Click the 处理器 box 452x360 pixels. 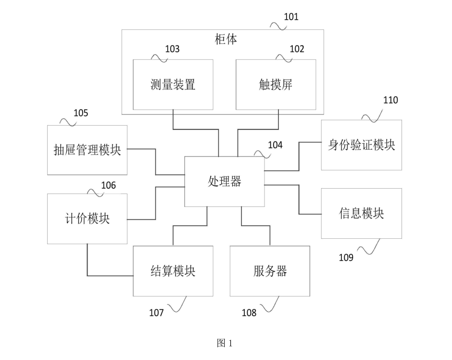click(x=225, y=181)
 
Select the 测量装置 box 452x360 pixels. click(x=173, y=85)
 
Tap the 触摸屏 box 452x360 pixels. click(x=276, y=85)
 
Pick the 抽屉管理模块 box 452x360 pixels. click(x=87, y=150)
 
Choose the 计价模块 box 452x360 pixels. click(x=87, y=219)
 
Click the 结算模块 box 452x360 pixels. click(x=173, y=271)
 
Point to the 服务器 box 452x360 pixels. click(x=270, y=271)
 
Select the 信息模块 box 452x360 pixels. click(x=361, y=213)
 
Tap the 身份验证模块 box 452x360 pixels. click(x=361, y=145)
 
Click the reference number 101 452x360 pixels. click(x=291, y=17)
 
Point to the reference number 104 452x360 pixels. click(x=276, y=145)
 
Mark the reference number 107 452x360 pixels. click(x=156, y=313)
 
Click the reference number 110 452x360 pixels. click(x=390, y=101)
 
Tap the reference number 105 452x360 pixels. click(x=81, y=113)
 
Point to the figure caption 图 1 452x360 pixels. click(x=225, y=343)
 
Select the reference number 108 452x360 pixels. click(x=249, y=313)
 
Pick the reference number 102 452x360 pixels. click(x=297, y=49)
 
